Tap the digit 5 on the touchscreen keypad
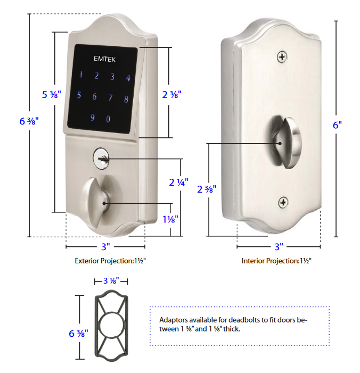point(79,96)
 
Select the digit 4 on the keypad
point(128,78)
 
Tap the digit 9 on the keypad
point(92,118)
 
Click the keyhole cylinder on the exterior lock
point(101,158)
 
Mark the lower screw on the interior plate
point(283,202)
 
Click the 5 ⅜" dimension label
point(52,94)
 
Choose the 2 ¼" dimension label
point(178,182)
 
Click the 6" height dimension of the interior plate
point(337,125)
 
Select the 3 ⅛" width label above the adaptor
point(110,280)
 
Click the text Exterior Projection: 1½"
point(110,261)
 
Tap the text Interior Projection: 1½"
point(276,261)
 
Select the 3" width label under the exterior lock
point(105,247)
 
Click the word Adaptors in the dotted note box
point(173,320)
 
